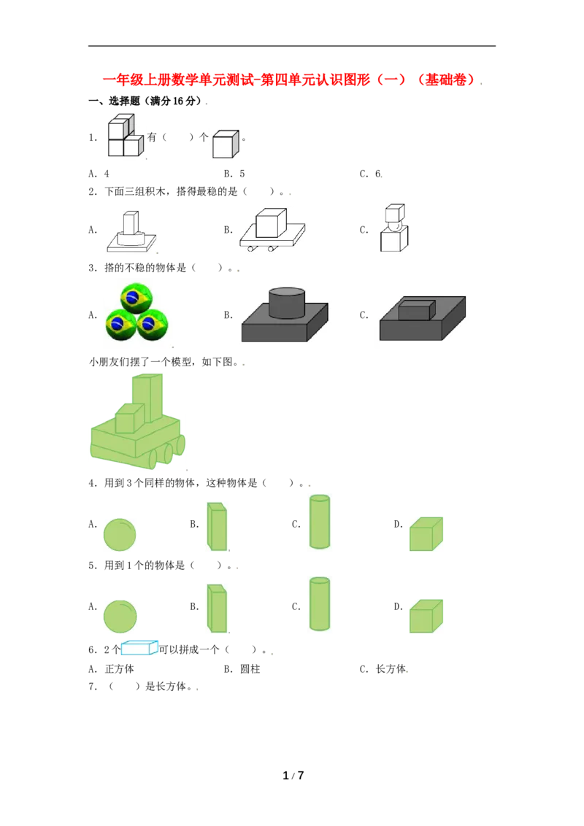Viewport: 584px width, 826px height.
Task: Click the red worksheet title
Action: coord(291,80)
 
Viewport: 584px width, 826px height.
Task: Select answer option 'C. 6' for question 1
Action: coord(371,174)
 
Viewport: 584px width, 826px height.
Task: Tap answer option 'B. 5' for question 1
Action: coord(234,174)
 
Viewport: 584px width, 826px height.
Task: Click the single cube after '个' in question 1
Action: coord(226,144)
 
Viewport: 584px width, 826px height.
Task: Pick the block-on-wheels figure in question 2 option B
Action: coord(272,230)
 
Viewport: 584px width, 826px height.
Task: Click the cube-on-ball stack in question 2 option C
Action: coord(394,228)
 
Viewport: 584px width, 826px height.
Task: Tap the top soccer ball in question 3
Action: coord(137,298)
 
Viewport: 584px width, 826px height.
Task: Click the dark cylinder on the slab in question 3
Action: coord(287,303)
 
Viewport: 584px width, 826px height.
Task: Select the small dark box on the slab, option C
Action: coord(416,309)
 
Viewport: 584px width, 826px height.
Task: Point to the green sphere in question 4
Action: coord(120,534)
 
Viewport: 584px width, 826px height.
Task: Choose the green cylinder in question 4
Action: coord(320,522)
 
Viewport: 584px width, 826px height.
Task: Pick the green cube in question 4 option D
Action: coord(426,533)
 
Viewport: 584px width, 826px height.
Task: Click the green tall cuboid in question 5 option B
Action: coord(217,608)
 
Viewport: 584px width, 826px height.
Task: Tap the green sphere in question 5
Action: coord(120,617)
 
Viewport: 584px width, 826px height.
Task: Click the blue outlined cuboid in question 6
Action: coord(139,647)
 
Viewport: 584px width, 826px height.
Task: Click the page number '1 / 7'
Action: coord(293,776)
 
